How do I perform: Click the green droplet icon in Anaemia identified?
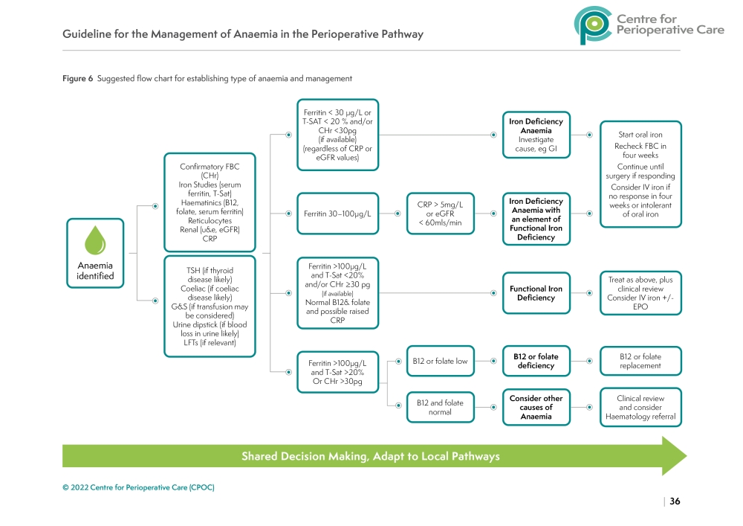coord(94,240)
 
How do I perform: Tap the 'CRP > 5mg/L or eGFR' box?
coord(440,214)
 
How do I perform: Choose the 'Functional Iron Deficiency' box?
coord(536,293)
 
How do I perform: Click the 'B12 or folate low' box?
coord(440,361)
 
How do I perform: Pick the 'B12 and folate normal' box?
coord(440,407)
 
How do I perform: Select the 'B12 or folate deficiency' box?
coord(536,361)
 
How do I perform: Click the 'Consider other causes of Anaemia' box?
coord(536,407)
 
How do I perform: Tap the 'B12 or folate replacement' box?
coord(640,361)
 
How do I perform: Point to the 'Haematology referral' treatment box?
coord(640,407)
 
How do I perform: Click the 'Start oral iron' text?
coord(640,135)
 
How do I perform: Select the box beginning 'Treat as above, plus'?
coord(640,293)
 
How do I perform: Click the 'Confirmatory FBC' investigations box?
coord(210,202)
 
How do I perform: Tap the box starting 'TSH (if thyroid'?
coord(210,307)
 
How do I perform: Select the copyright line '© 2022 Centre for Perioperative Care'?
coord(138,487)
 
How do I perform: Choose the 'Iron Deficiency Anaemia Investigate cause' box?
coord(536,135)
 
